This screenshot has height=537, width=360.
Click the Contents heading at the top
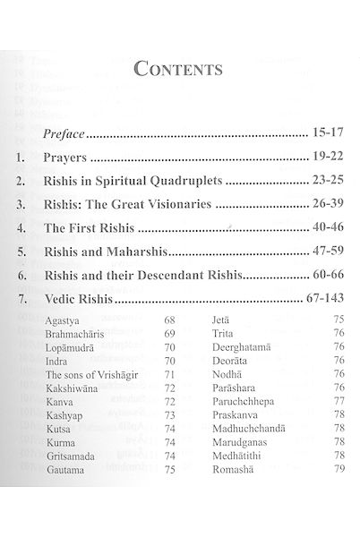tap(179, 68)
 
